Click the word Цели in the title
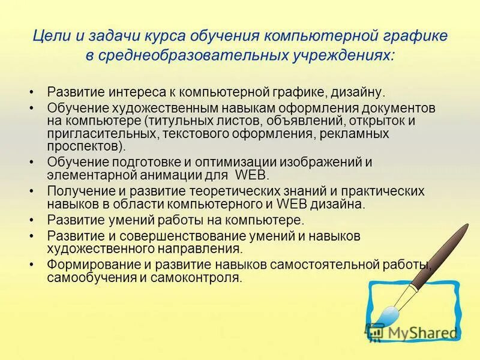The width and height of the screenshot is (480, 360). click(47, 36)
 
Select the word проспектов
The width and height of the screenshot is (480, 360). click(85, 146)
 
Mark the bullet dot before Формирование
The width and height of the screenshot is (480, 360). click(31, 265)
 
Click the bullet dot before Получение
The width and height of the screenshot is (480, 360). click(31, 191)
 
